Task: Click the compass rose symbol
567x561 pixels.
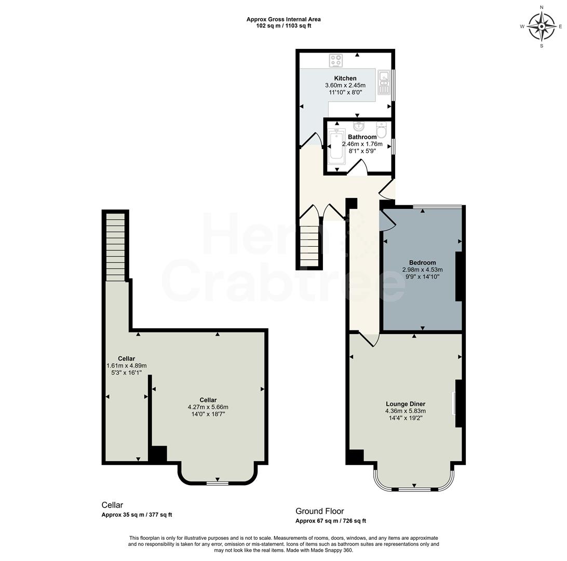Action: [542, 26]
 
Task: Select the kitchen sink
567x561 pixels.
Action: [384, 83]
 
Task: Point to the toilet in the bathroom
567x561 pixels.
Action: [382, 129]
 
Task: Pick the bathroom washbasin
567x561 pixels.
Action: [358, 126]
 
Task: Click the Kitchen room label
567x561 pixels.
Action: [345, 78]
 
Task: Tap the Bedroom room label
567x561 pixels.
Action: [422, 262]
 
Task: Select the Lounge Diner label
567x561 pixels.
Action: [406, 404]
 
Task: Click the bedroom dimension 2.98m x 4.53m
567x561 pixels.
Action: [422, 270]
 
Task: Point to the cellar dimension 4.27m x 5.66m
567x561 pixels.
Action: [207, 407]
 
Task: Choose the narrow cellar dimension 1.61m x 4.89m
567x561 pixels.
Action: [126, 366]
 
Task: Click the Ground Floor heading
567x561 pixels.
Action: [319, 511]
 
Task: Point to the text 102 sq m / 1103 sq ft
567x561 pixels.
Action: [283, 25]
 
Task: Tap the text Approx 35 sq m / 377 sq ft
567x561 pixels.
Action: [137, 515]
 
